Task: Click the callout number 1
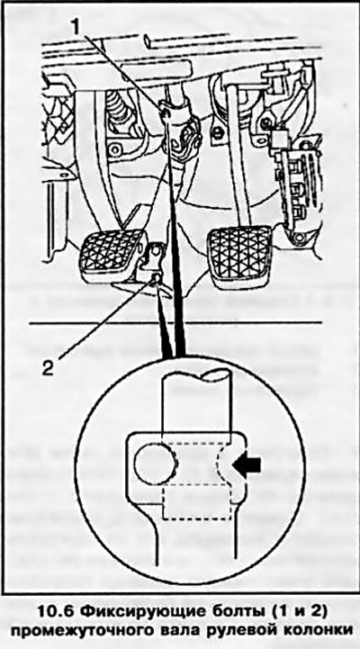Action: (76, 27)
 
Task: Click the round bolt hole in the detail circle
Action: (155, 464)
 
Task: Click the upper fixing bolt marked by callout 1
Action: (165, 113)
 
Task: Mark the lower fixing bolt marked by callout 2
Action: (157, 278)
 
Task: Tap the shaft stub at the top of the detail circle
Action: (197, 401)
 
